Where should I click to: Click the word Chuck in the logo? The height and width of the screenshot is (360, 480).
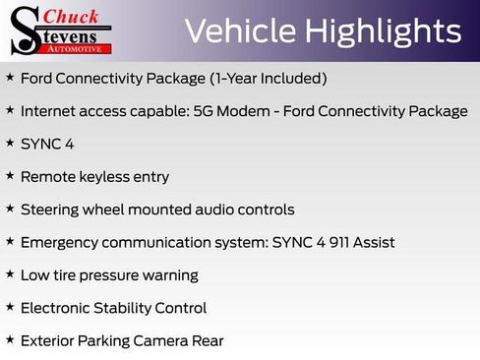(72, 16)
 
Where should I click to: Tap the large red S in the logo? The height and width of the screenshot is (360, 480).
(25, 30)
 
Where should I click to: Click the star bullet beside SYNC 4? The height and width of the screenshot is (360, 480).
(10, 143)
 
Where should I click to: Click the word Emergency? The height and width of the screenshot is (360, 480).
(61, 242)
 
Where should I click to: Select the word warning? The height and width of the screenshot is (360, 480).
(168, 275)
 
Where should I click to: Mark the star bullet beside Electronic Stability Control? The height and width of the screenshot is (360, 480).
(10, 307)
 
